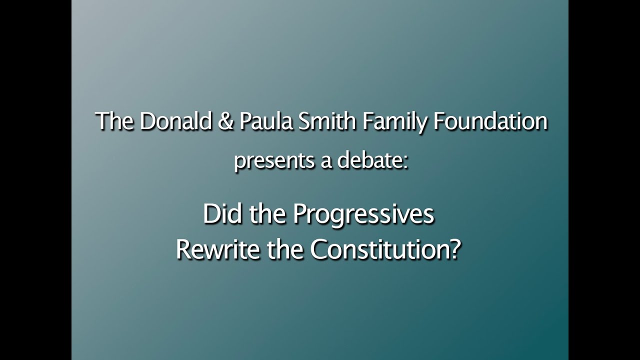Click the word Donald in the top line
coord(175,122)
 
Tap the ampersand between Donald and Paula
coord(225,122)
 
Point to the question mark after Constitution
coord(454,250)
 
